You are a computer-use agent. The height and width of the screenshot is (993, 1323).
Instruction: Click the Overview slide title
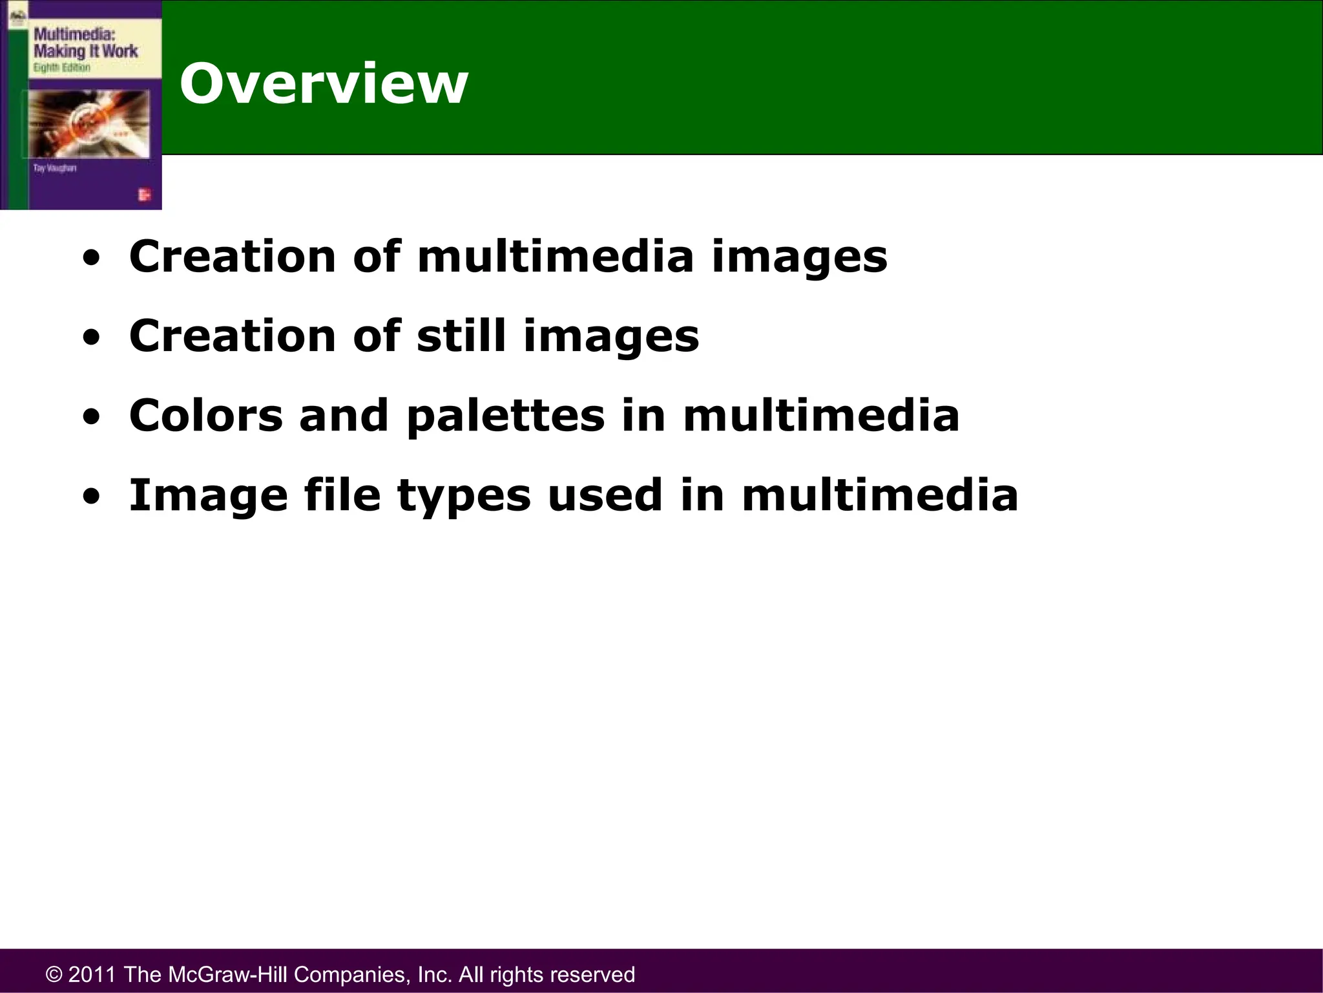click(x=323, y=84)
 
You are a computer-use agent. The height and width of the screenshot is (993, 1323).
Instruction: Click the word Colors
click(x=205, y=416)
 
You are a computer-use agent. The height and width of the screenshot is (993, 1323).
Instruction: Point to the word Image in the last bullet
click(x=208, y=496)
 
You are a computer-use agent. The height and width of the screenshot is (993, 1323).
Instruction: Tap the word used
click(x=605, y=495)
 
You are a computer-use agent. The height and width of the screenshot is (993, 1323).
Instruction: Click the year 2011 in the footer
click(x=92, y=974)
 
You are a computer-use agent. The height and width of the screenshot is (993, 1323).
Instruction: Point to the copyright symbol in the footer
click(x=54, y=975)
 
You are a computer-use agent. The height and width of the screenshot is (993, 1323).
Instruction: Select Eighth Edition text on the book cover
click(x=61, y=68)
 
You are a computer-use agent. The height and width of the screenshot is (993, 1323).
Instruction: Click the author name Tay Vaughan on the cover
click(x=55, y=168)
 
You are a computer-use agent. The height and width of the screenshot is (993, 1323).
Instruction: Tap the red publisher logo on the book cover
click(x=144, y=195)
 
